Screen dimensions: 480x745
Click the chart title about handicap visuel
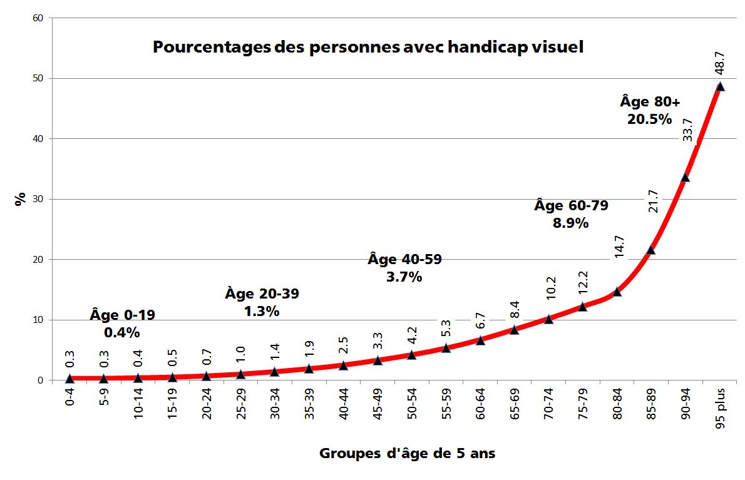tap(368, 48)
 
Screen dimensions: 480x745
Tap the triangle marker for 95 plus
tap(720, 86)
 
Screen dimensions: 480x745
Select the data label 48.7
tap(719, 63)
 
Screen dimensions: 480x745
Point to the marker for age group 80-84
tap(617, 291)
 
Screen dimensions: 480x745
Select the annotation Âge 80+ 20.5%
tap(649, 110)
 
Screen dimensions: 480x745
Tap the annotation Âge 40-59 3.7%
tap(404, 268)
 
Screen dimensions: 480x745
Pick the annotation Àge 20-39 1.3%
tap(262, 302)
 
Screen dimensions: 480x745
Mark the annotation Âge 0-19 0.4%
tap(122, 324)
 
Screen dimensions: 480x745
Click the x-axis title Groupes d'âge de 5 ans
tap(407, 453)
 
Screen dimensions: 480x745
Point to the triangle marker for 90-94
tap(685, 177)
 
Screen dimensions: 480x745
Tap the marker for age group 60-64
tap(480, 340)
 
